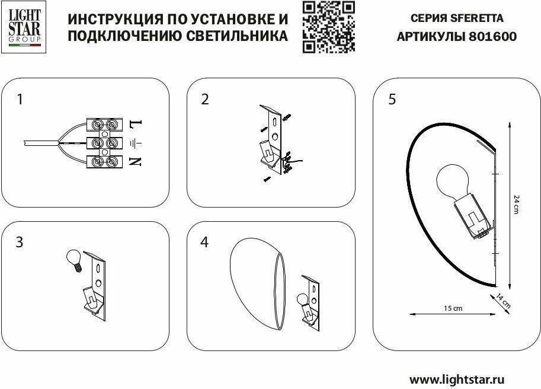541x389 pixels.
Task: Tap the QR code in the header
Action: point(329,27)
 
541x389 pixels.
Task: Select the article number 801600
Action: point(492,36)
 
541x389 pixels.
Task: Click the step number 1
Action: point(20,99)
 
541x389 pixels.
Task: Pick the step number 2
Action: point(205,99)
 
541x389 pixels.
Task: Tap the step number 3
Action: point(20,243)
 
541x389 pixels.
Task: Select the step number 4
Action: point(205,243)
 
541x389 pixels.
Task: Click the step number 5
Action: point(392,99)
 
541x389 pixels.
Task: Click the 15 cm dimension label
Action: point(452,308)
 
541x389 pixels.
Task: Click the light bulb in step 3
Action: point(73,259)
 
